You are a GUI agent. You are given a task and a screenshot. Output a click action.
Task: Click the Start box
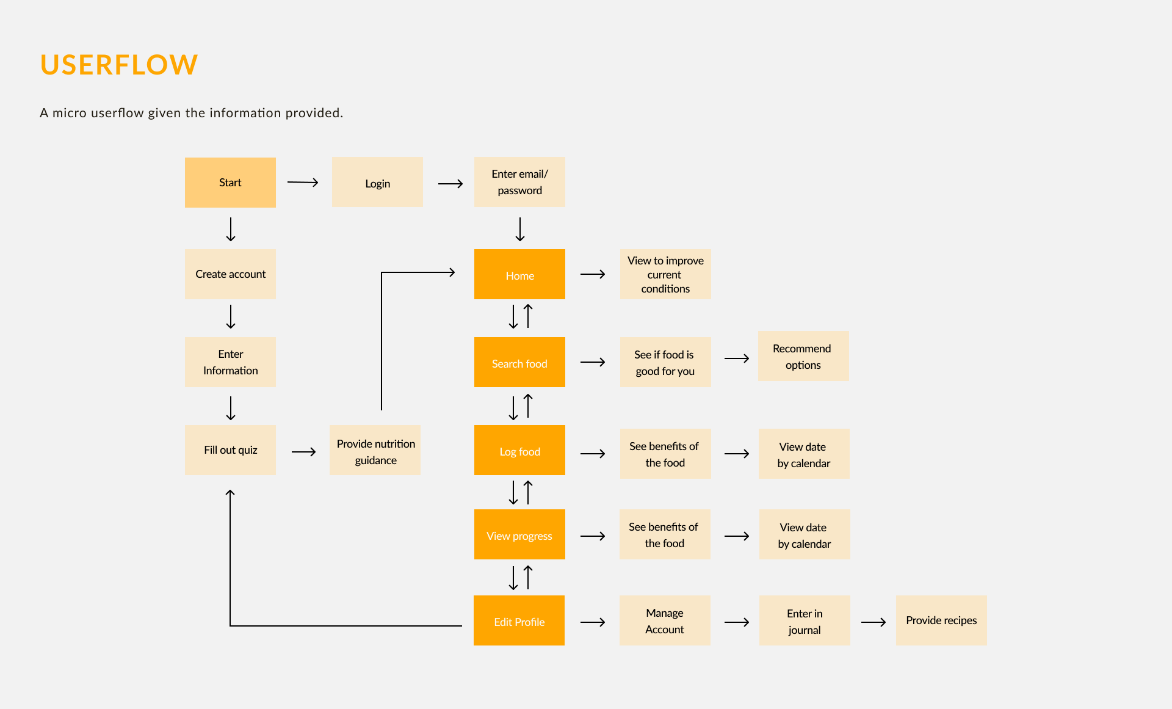[x=230, y=183]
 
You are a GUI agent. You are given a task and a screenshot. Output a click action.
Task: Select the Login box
[x=377, y=183]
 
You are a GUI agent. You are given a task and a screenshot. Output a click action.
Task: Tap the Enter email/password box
[x=519, y=182]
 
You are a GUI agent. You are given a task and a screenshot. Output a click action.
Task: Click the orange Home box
[x=519, y=274]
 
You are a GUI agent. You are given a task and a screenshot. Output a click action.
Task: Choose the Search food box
[x=519, y=362]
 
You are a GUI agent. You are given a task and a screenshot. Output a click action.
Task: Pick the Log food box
[x=519, y=450]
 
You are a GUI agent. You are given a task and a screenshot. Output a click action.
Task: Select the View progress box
[x=519, y=534]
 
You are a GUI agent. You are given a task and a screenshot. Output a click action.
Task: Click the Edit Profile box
[x=519, y=620]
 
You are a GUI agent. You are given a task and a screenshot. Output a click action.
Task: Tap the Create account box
[x=230, y=274]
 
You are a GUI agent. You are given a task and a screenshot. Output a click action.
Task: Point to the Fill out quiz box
[x=230, y=450]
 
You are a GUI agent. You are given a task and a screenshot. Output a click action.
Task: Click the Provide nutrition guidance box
[x=375, y=451]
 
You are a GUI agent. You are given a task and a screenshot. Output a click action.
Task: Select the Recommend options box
[x=803, y=356]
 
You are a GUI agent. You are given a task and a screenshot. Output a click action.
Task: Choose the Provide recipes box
[x=941, y=620]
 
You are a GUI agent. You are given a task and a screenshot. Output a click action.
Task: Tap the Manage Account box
[x=665, y=620]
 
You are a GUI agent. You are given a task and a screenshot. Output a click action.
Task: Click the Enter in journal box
[x=805, y=620]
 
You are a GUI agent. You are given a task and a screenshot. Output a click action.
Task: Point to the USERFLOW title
[x=119, y=65]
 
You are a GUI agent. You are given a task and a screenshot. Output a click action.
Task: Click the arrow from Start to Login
[x=303, y=182]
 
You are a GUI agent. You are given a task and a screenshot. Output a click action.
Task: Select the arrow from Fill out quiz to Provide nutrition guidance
[x=303, y=452]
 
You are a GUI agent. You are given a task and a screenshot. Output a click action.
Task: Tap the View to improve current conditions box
[x=665, y=274]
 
